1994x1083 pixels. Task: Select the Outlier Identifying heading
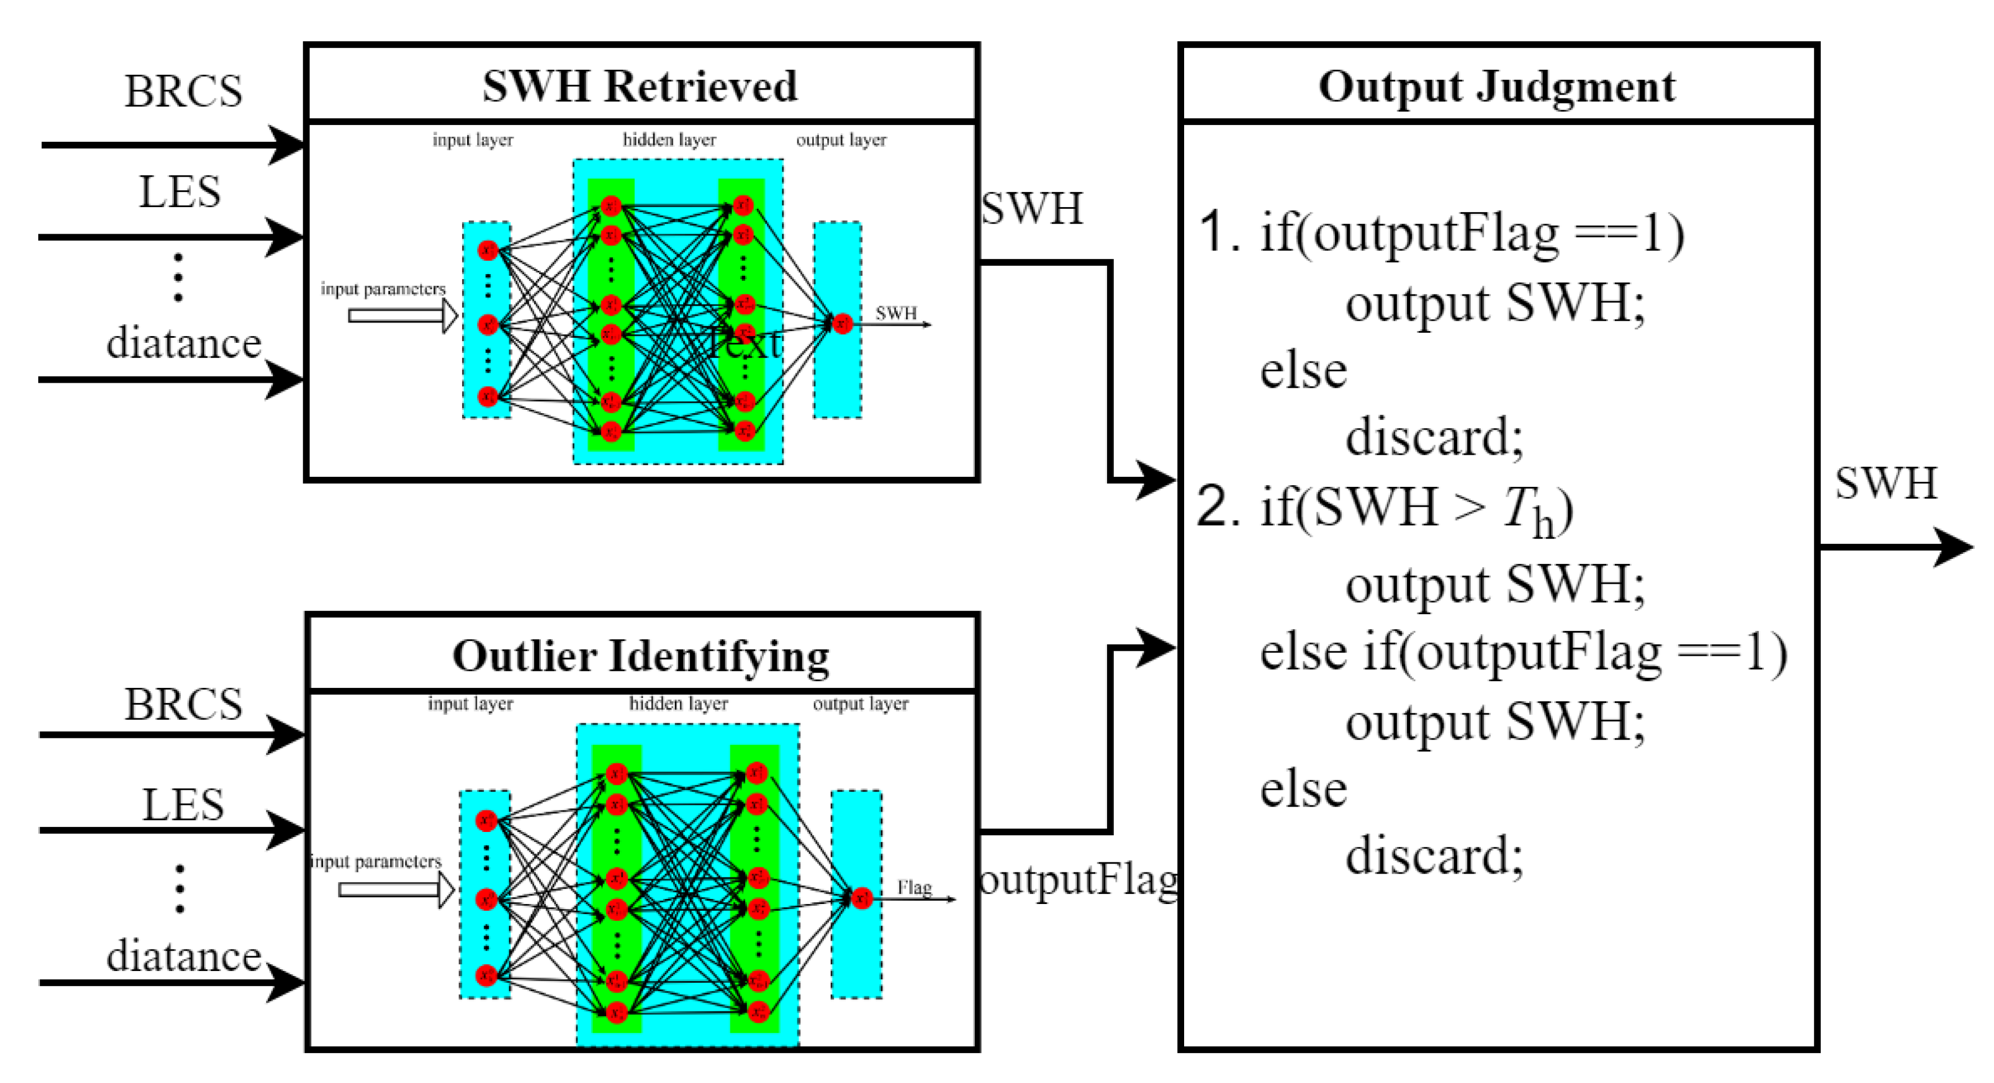tap(641, 656)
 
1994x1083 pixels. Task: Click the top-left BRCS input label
tap(183, 91)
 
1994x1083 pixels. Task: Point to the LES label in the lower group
tap(183, 805)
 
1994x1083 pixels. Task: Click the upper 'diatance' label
tap(183, 343)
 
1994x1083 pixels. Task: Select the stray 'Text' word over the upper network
tap(745, 343)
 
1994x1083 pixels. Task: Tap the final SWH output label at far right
tap(1885, 484)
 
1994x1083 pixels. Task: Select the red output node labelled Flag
tap(862, 898)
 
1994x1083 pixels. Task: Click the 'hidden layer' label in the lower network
tap(678, 704)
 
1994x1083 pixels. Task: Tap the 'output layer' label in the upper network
tap(841, 140)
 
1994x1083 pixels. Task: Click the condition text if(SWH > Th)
tap(1417, 509)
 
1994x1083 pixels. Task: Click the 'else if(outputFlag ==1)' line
tap(1522, 652)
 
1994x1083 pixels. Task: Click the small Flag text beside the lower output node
tap(914, 887)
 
